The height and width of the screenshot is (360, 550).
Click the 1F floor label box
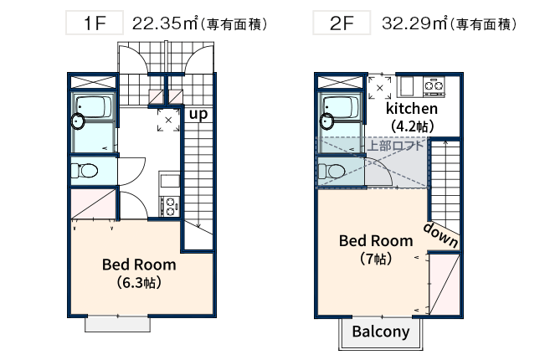tap(94, 23)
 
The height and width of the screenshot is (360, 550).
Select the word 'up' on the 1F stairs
tap(198, 113)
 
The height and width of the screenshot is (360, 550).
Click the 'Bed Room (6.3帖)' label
tap(139, 273)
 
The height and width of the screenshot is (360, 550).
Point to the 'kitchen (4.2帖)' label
tap(411, 117)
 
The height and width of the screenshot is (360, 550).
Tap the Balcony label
tap(381, 332)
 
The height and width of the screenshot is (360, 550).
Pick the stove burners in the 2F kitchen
tap(434, 85)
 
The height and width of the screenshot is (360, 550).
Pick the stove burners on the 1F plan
tap(169, 203)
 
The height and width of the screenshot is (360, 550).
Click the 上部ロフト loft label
tap(396, 145)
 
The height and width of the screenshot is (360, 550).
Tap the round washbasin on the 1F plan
tap(78, 122)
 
